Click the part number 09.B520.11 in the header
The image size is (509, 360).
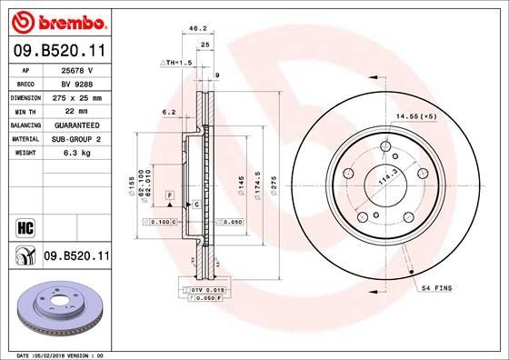(x=58, y=51)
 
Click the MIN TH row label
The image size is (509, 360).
(x=25, y=110)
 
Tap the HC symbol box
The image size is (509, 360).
(x=24, y=226)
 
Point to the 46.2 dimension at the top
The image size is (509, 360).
(x=193, y=29)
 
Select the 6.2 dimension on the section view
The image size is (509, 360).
(x=167, y=113)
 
